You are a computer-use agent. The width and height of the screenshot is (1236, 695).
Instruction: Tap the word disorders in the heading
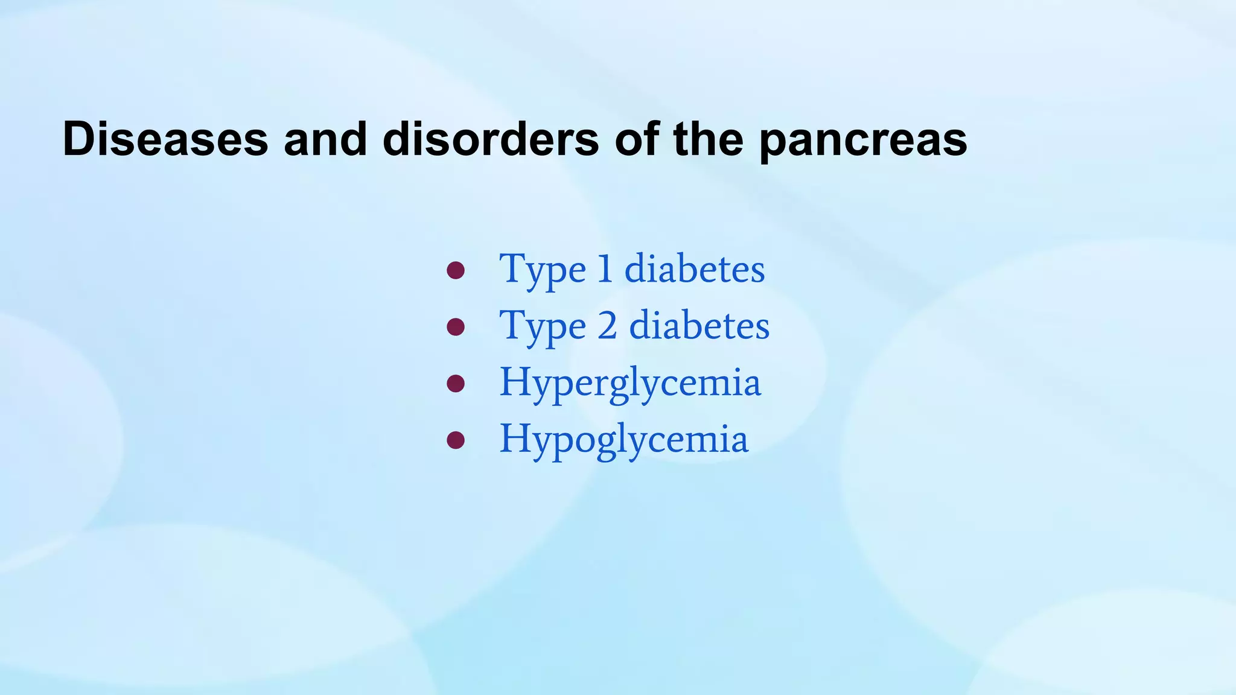point(491,139)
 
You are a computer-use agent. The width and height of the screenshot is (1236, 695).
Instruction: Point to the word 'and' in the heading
point(325,139)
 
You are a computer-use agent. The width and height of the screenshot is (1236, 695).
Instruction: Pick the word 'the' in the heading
point(708,139)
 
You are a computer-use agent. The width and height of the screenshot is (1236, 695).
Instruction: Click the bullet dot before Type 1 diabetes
point(456,270)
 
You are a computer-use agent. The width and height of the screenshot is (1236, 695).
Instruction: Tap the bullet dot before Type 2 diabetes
point(456,327)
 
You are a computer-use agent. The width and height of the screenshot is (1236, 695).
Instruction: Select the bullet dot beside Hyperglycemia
point(456,383)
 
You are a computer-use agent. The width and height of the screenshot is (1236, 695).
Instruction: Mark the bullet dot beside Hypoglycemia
point(456,440)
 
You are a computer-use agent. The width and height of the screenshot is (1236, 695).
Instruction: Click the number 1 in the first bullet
point(605,269)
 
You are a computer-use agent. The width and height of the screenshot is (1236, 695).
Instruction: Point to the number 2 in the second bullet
point(607,326)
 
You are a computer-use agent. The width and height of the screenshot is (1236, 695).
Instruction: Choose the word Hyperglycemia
point(630,384)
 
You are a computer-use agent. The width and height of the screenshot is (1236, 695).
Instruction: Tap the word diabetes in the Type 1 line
point(695,269)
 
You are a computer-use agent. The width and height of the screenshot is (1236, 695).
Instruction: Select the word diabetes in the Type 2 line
point(699,326)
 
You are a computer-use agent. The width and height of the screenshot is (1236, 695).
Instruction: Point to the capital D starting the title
point(78,139)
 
